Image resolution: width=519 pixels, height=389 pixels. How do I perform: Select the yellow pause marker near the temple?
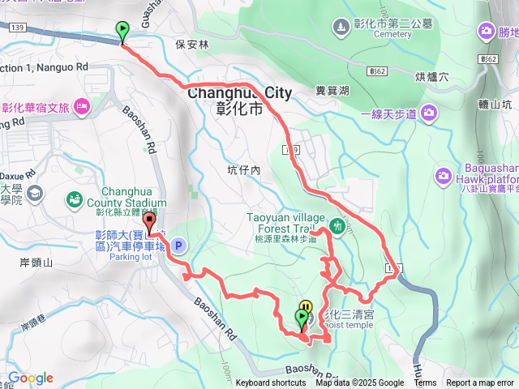[x=305, y=306]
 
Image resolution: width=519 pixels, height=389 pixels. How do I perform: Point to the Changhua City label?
[x=239, y=93]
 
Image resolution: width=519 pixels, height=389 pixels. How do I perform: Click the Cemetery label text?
[x=392, y=34]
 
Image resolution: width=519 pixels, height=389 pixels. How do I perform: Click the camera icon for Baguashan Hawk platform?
[x=444, y=175]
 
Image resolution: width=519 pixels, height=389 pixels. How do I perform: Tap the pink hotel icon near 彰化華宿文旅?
[x=81, y=106]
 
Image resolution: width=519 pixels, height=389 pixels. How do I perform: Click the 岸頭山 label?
[x=36, y=263]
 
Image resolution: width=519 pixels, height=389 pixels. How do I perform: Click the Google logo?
[x=30, y=378]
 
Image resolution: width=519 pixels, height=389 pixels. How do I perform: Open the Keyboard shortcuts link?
[x=271, y=383]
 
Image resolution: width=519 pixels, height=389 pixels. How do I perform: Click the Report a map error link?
[x=480, y=383]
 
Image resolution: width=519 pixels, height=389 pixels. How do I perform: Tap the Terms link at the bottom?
[x=425, y=383]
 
